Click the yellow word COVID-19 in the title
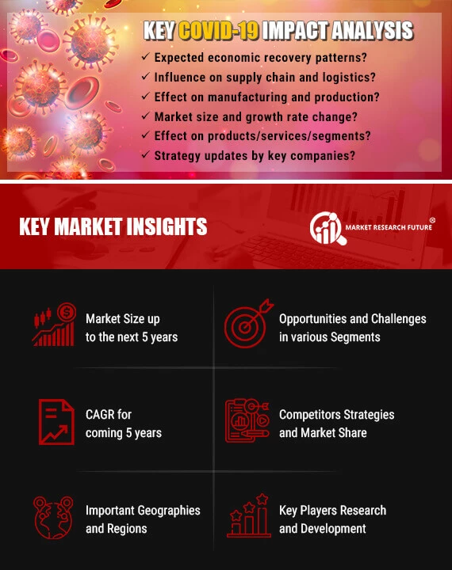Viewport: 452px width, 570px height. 219,30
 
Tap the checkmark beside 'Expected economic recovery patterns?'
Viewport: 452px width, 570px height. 146,56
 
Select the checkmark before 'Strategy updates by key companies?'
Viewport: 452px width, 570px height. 146,154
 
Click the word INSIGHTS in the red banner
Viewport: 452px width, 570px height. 167,226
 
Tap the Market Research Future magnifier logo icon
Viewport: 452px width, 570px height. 327,228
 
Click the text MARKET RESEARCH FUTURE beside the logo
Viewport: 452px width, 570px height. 389,227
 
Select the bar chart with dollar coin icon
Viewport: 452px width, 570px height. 54,325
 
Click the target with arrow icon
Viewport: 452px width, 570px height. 248,324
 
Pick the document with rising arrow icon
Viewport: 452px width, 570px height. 56,422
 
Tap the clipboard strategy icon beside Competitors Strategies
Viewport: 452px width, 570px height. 247,420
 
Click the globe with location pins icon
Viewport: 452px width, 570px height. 53,517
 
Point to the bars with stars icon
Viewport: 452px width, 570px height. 249,515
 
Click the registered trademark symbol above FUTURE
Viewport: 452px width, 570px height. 432,220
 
